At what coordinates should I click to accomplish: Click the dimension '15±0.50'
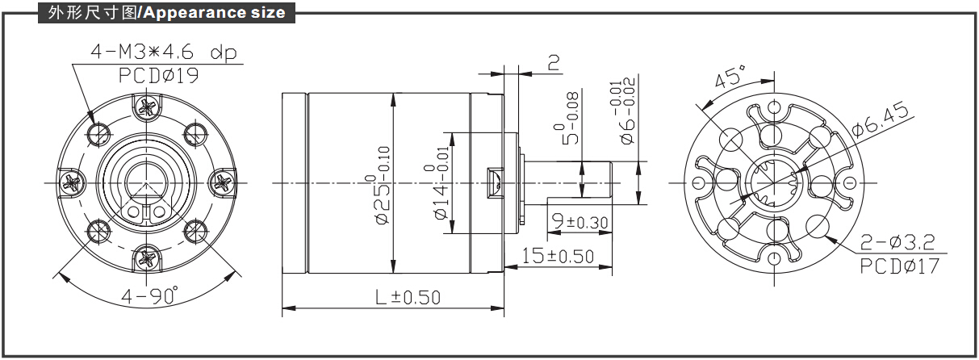coord(558,257)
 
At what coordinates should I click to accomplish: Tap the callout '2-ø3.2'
coord(898,241)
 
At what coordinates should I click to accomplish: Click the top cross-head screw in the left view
coord(147,106)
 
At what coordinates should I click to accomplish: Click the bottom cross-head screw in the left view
coord(147,258)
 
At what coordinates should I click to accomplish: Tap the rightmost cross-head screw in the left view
coord(223,182)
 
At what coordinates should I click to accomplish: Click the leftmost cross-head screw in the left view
coord(71,182)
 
